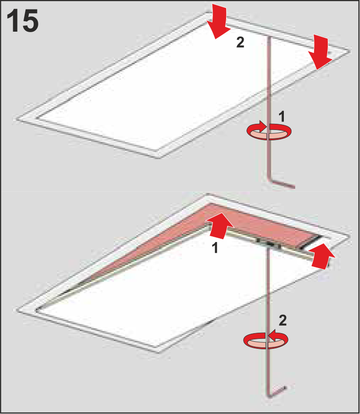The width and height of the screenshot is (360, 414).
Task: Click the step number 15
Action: [22, 21]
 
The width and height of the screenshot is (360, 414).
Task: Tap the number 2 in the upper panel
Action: [240, 42]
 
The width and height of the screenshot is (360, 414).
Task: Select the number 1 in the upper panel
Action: [282, 116]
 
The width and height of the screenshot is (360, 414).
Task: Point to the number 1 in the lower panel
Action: [215, 248]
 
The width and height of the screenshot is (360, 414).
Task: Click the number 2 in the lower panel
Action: [282, 320]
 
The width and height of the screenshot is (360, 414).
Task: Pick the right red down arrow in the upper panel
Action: [320, 52]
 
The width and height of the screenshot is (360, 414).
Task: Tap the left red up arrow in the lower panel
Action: [220, 226]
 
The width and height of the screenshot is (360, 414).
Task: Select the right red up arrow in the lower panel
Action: [322, 256]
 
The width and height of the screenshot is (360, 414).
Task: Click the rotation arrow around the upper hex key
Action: [269, 130]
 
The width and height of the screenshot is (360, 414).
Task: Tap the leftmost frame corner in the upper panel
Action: [17, 119]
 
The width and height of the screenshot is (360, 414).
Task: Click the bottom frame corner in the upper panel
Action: [159, 158]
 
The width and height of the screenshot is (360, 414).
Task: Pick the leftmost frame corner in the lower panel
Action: [17, 310]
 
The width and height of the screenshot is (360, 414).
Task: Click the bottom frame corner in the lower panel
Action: [159, 352]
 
